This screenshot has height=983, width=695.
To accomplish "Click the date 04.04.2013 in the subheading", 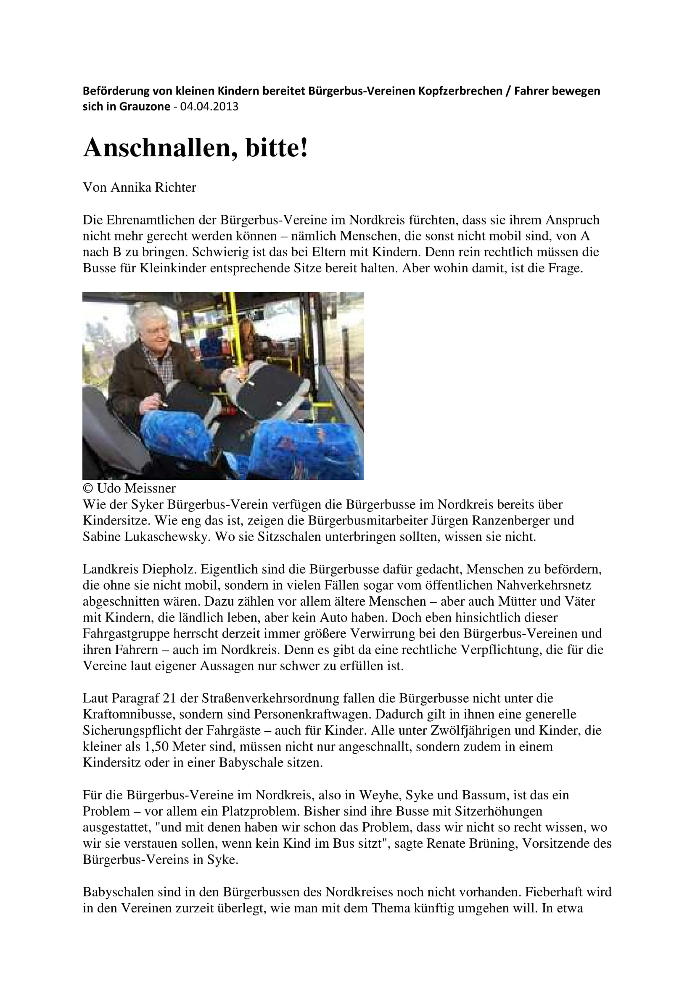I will (x=209, y=106).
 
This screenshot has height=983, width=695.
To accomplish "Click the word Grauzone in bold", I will (x=145, y=106).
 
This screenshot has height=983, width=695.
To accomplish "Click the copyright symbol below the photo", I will (x=87, y=488).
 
